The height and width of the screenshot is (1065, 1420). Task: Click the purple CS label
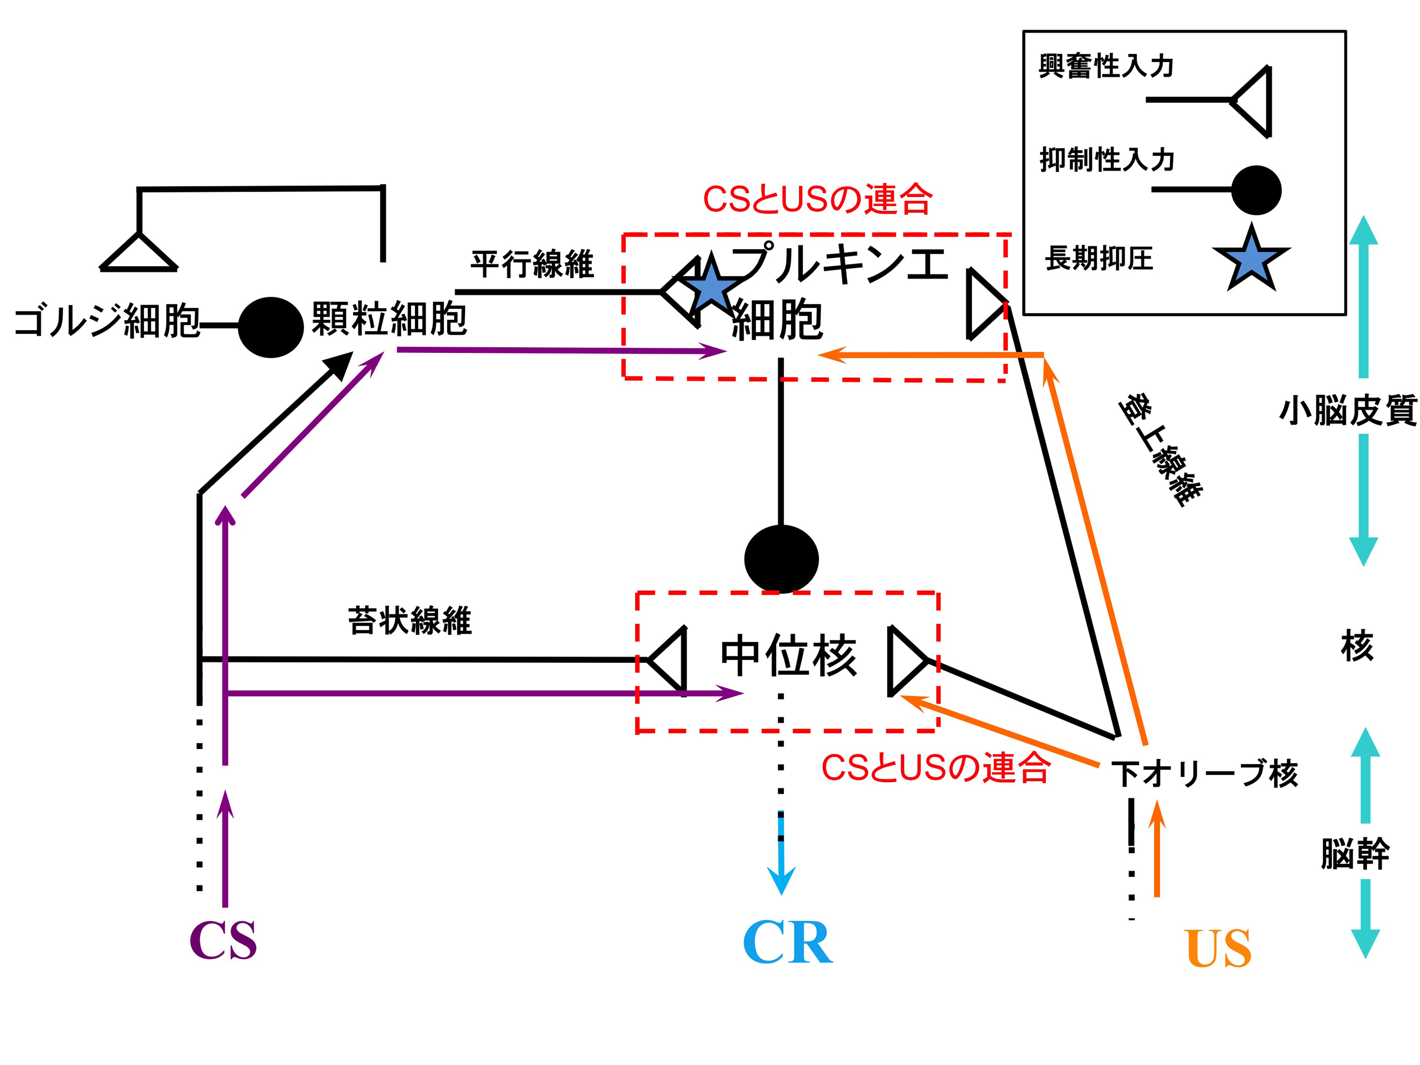tap(223, 940)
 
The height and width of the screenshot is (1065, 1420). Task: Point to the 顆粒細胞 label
tap(389, 319)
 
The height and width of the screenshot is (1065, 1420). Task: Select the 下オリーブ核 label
tap(1205, 774)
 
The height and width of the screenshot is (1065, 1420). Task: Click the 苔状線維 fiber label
tap(410, 621)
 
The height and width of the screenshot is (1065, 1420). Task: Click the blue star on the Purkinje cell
tap(711, 287)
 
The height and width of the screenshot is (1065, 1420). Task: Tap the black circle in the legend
tap(1256, 190)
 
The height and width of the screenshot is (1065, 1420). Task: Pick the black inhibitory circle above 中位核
tap(781, 558)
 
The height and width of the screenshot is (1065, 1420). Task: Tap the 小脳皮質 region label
tap(1349, 411)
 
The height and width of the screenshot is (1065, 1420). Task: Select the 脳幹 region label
tap(1355, 854)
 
